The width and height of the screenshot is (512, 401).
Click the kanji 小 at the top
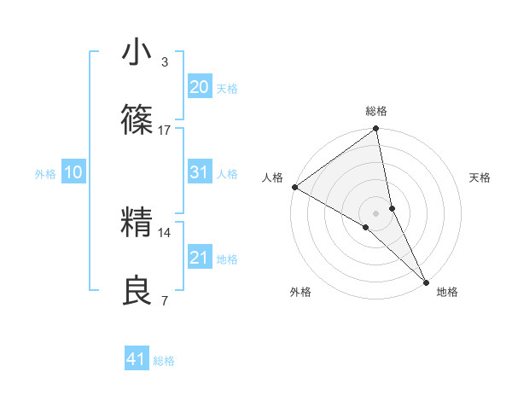coord(137,53)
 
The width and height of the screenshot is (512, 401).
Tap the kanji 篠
coord(137,121)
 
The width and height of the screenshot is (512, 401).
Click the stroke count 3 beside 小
coord(165,61)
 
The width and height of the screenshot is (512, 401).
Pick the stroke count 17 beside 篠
coord(165,130)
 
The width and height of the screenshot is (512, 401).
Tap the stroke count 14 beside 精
coord(165,232)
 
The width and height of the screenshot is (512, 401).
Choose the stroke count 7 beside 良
coord(165,300)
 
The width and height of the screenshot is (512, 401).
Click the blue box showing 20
coord(199,86)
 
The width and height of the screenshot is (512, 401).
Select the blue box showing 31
coord(199,172)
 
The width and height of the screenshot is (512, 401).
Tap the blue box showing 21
coord(199,257)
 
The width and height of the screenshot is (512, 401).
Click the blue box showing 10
coord(73,172)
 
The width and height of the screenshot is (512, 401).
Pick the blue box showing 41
coord(137,359)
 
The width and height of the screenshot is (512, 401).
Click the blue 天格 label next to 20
coord(226,88)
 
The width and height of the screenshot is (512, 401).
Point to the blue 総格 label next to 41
coord(164,361)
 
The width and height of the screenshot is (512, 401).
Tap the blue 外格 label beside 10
coord(45,174)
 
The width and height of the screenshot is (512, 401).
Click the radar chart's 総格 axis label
coord(376,111)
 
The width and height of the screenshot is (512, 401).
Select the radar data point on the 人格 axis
coord(294,187)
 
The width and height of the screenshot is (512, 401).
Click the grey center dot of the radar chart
coord(376,212)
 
